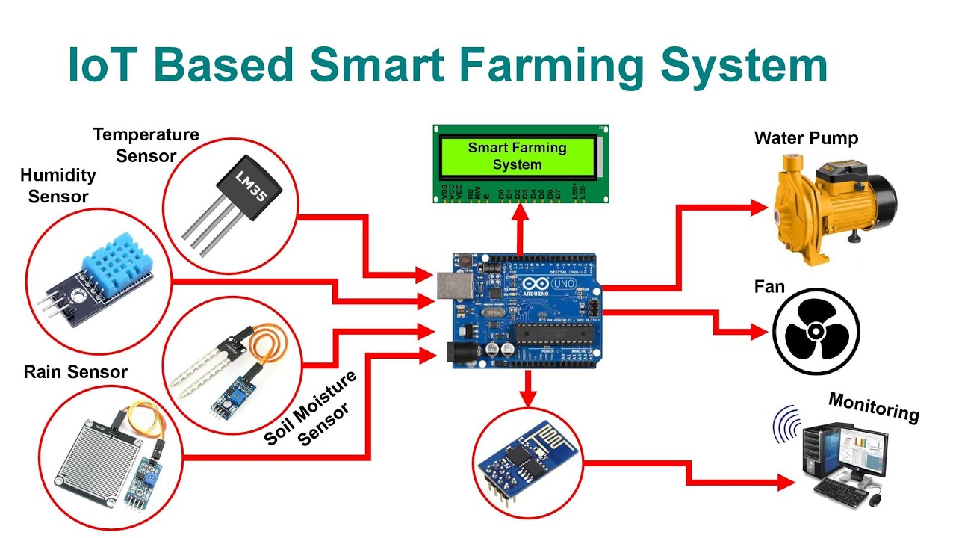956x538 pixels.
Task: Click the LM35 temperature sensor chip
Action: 239,182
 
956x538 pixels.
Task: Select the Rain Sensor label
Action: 75,371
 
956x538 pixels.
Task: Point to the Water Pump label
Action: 806,138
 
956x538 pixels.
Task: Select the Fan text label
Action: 769,287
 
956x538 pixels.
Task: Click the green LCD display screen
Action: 518,156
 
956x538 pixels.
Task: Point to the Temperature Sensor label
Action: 146,145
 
